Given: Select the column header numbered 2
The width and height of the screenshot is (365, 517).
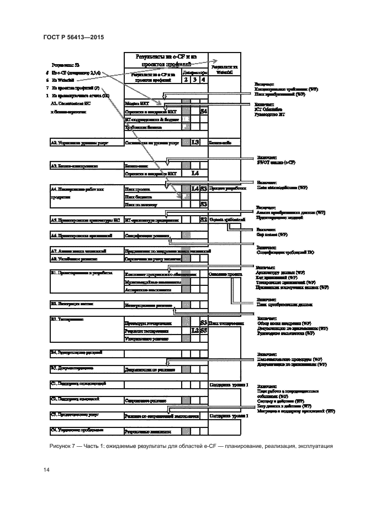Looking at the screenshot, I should [186, 80].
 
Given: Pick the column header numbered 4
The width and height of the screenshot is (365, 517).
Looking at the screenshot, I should [204, 80].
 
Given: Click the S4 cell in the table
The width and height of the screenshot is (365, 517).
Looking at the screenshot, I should [204, 111].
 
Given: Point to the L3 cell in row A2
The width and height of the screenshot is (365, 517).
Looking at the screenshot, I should [195, 142].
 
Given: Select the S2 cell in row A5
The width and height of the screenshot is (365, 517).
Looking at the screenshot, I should [204, 220].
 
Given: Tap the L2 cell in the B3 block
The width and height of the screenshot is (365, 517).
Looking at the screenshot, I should [195, 330].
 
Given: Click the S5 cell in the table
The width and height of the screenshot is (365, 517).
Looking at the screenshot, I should [204, 330].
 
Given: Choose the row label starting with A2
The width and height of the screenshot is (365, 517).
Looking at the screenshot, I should [80, 143].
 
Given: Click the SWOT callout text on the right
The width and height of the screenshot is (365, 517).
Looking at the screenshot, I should [276, 163].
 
